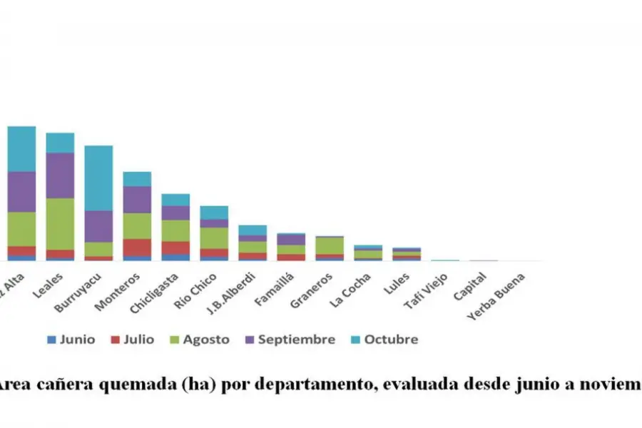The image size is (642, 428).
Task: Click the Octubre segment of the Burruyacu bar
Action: click(98, 178)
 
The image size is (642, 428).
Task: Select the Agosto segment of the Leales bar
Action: click(60, 223)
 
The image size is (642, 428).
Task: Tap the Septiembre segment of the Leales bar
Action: click(60, 175)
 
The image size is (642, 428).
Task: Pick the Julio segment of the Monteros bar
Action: click(137, 247)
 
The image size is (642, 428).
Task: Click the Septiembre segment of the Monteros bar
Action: click(137, 199)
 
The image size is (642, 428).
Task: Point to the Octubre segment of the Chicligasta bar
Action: click(175, 200)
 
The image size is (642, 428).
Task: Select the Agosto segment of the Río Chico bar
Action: click(214, 238)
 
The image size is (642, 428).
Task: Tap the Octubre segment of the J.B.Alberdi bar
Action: click(253, 230)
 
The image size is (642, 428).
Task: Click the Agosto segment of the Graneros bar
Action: click(330, 245)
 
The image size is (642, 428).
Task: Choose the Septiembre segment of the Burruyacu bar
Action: click(98, 225)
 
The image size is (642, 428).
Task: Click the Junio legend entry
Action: click(71, 340)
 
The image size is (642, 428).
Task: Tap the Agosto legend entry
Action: click(199, 340)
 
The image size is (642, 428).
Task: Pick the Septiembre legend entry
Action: click(289, 340)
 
